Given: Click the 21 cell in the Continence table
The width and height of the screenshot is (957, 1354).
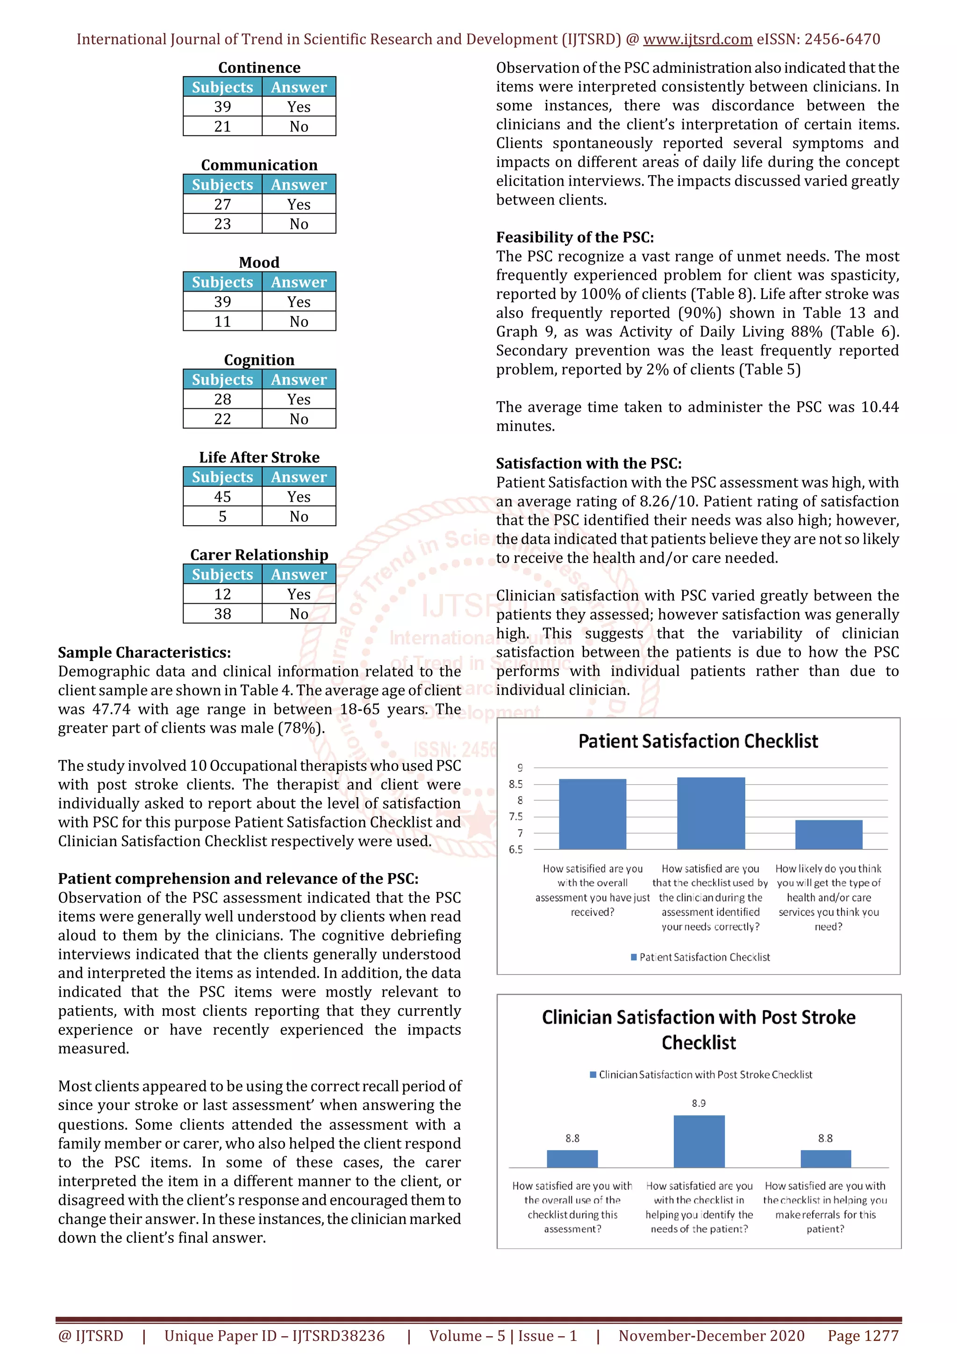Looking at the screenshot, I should (222, 127).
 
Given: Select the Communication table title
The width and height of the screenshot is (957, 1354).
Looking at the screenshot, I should (259, 165).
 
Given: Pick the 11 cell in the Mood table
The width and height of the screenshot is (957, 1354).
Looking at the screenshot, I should (222, 322).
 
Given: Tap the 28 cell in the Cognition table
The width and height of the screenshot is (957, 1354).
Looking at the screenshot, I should (222, 399).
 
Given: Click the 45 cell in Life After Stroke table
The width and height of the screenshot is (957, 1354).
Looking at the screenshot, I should (222, 497).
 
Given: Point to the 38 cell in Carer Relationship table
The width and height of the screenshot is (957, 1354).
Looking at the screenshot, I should (222, 614).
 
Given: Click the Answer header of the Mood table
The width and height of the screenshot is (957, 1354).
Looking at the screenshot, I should (299, 282).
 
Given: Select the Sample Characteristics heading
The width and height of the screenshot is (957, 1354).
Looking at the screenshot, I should (144, 653).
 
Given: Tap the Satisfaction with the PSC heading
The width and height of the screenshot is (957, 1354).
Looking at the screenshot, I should (588, 463).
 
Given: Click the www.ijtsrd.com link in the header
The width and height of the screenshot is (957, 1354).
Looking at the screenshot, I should (698, 40).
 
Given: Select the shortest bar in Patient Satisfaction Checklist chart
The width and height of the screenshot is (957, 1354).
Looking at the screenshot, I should (828, 834).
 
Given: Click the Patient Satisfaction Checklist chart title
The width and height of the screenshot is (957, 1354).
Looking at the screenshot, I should (698, 741).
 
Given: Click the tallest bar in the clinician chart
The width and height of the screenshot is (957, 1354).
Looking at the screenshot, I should (699, 1141).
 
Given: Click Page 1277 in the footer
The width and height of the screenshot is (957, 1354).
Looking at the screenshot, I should (863, 1336).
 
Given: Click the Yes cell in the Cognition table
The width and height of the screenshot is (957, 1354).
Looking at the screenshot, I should (299, 399).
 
